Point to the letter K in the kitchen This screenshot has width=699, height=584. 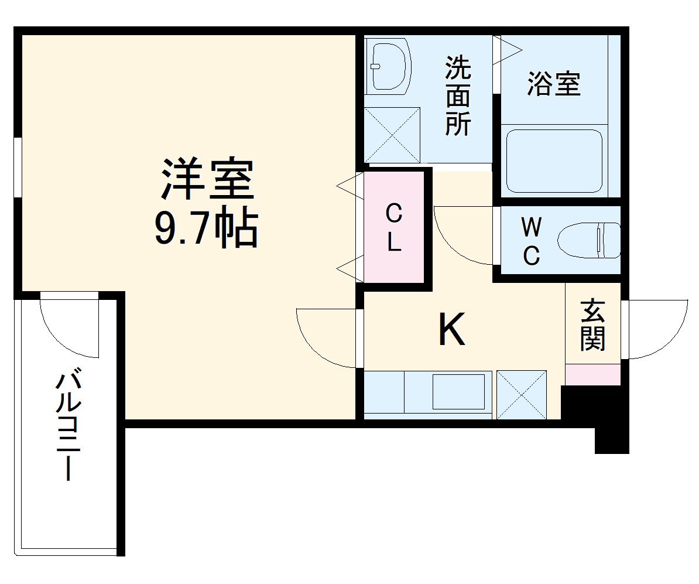452,330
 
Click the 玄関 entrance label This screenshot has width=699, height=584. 592,326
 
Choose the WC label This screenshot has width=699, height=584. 530,241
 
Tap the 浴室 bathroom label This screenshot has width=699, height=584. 554,84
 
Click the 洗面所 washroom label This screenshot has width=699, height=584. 457,96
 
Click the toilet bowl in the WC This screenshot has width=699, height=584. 588,240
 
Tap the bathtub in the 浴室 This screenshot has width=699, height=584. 554,160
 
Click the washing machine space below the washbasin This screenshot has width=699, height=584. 392,135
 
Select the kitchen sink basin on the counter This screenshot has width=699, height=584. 458,391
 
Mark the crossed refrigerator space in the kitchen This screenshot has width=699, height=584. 522,394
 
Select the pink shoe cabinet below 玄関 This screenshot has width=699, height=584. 592,374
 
